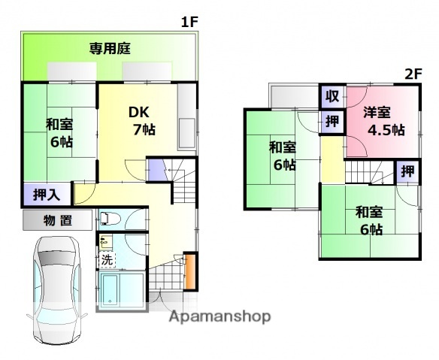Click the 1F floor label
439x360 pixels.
(189, 23)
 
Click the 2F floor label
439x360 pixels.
(413, 74)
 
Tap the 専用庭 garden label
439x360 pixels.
(110, 50)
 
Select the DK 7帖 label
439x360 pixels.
(140, 120)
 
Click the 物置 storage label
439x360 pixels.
(57, 220)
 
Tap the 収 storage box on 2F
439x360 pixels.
(332, 96)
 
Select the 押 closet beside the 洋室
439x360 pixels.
(332, 121)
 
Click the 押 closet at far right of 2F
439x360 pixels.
(407, 171)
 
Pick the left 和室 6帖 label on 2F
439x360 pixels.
(283, 155)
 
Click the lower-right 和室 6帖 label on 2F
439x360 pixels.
(369, 220)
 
